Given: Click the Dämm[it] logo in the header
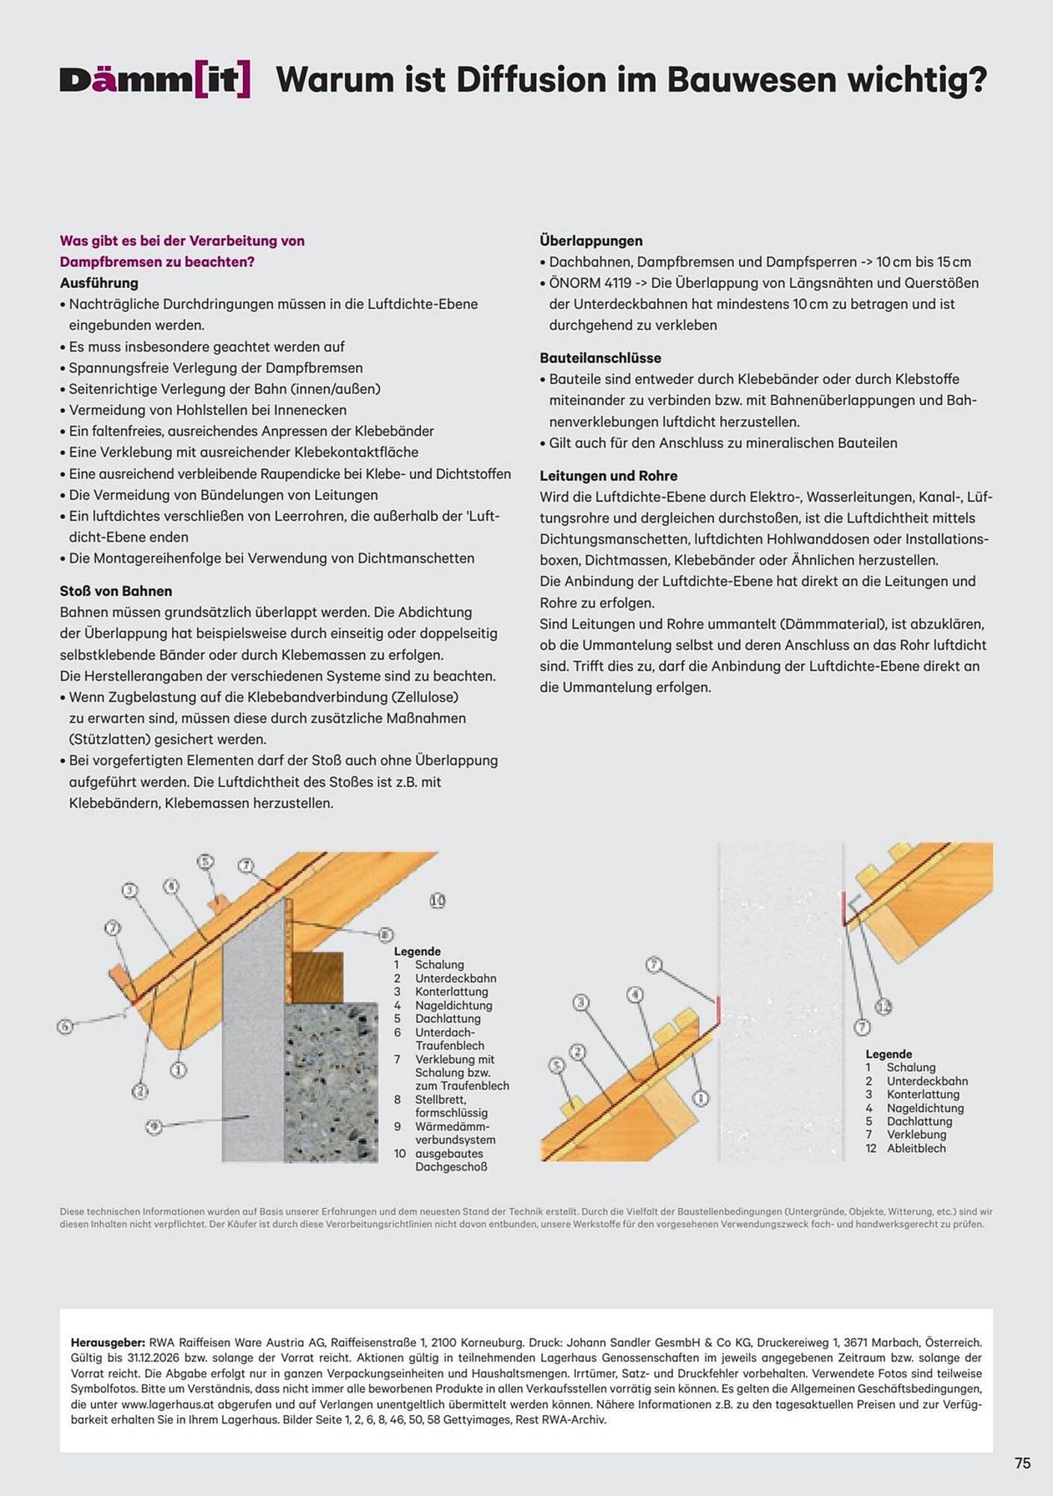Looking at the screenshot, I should click(x=155, y=80).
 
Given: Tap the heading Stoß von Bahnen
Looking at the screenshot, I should click(x=116, y=591).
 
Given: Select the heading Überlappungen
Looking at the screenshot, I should click(x=591, y=241).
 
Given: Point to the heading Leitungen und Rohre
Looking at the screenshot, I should click(x=608, y=476).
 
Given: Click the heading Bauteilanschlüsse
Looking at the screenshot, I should click(x=600, y=358).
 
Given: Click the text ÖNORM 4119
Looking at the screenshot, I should click(x=590, y=283).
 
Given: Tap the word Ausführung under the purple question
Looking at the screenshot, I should click(x=99, y=283).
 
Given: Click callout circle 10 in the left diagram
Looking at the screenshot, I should click(x=438, y=901).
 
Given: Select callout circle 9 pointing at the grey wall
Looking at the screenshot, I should click(x=153, y=1126).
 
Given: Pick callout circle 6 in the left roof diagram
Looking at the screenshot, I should click(x=66, y=1026).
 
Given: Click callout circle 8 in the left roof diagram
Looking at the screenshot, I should click(x=385, y=934).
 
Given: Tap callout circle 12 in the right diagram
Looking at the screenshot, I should click(x=883, y=1006).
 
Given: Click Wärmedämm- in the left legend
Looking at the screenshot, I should click(x=452, y=1126).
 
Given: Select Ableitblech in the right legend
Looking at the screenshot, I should click(x=916, y=1148).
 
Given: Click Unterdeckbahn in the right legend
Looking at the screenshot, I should click(x=927, y=1081).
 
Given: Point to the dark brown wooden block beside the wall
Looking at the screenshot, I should click(x=316, y=977).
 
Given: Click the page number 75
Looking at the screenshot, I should click(x=1022, y=1463).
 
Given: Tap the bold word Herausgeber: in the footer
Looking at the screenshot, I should click(x=108, y=1343).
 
